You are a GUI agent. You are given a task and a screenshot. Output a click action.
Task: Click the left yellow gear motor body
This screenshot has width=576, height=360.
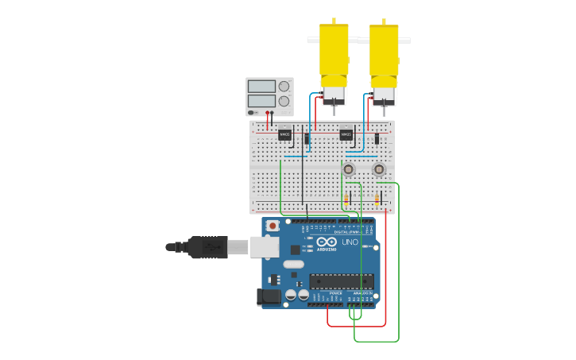[334, 52]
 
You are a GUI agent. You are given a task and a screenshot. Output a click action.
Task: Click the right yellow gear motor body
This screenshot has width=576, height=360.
[384, 52]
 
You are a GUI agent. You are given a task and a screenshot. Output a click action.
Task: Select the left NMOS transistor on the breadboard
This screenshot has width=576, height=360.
[284, 135]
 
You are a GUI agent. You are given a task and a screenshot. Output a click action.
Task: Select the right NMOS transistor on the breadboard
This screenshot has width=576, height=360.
[346, 135]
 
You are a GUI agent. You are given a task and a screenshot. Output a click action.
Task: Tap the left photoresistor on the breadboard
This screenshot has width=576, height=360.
[348, 169]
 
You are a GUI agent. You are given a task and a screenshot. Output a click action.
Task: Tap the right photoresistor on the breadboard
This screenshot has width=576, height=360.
[379, 169]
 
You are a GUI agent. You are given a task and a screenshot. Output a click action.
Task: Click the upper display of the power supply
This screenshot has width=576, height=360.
[261, 86]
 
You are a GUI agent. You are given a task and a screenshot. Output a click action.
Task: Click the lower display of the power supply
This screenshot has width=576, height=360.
[261, 101]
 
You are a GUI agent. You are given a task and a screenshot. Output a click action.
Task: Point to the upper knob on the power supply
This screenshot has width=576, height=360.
[284, 86]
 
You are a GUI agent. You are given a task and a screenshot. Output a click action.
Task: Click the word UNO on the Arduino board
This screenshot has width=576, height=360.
[350, 242]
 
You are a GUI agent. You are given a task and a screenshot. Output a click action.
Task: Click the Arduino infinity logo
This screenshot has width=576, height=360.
[327, 242]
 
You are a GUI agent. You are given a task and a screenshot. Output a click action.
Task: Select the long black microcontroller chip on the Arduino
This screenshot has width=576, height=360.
[342, 281]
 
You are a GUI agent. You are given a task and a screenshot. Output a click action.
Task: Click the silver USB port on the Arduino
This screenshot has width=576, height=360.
[265, 247]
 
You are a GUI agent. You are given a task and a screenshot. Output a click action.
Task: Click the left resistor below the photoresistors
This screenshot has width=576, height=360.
[346, 199]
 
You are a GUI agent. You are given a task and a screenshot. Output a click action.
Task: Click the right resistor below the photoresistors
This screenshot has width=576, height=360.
[377, 199]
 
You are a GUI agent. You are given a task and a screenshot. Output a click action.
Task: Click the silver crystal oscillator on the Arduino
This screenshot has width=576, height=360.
[293, 264]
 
